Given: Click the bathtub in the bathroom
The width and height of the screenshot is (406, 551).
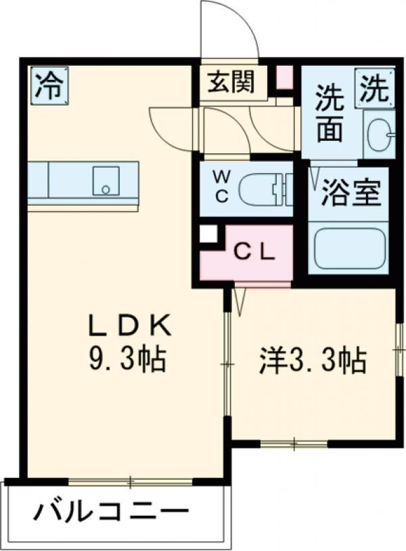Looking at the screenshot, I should pyautogui.click(x=349, y=247).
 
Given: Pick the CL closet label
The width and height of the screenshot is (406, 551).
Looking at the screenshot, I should pyautogui.click(x=254, y=253).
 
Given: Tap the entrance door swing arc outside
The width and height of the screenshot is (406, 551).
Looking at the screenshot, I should pyautogui.click(x=231, y=27).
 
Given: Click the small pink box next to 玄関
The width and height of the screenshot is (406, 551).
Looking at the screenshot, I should pyautogui.click(x=284, y=77).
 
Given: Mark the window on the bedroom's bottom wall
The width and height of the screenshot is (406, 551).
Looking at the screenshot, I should pyautogui.click(x=294, y=445).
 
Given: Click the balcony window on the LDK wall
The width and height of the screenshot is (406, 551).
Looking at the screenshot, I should pyautogui.click(x=131, y=483).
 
